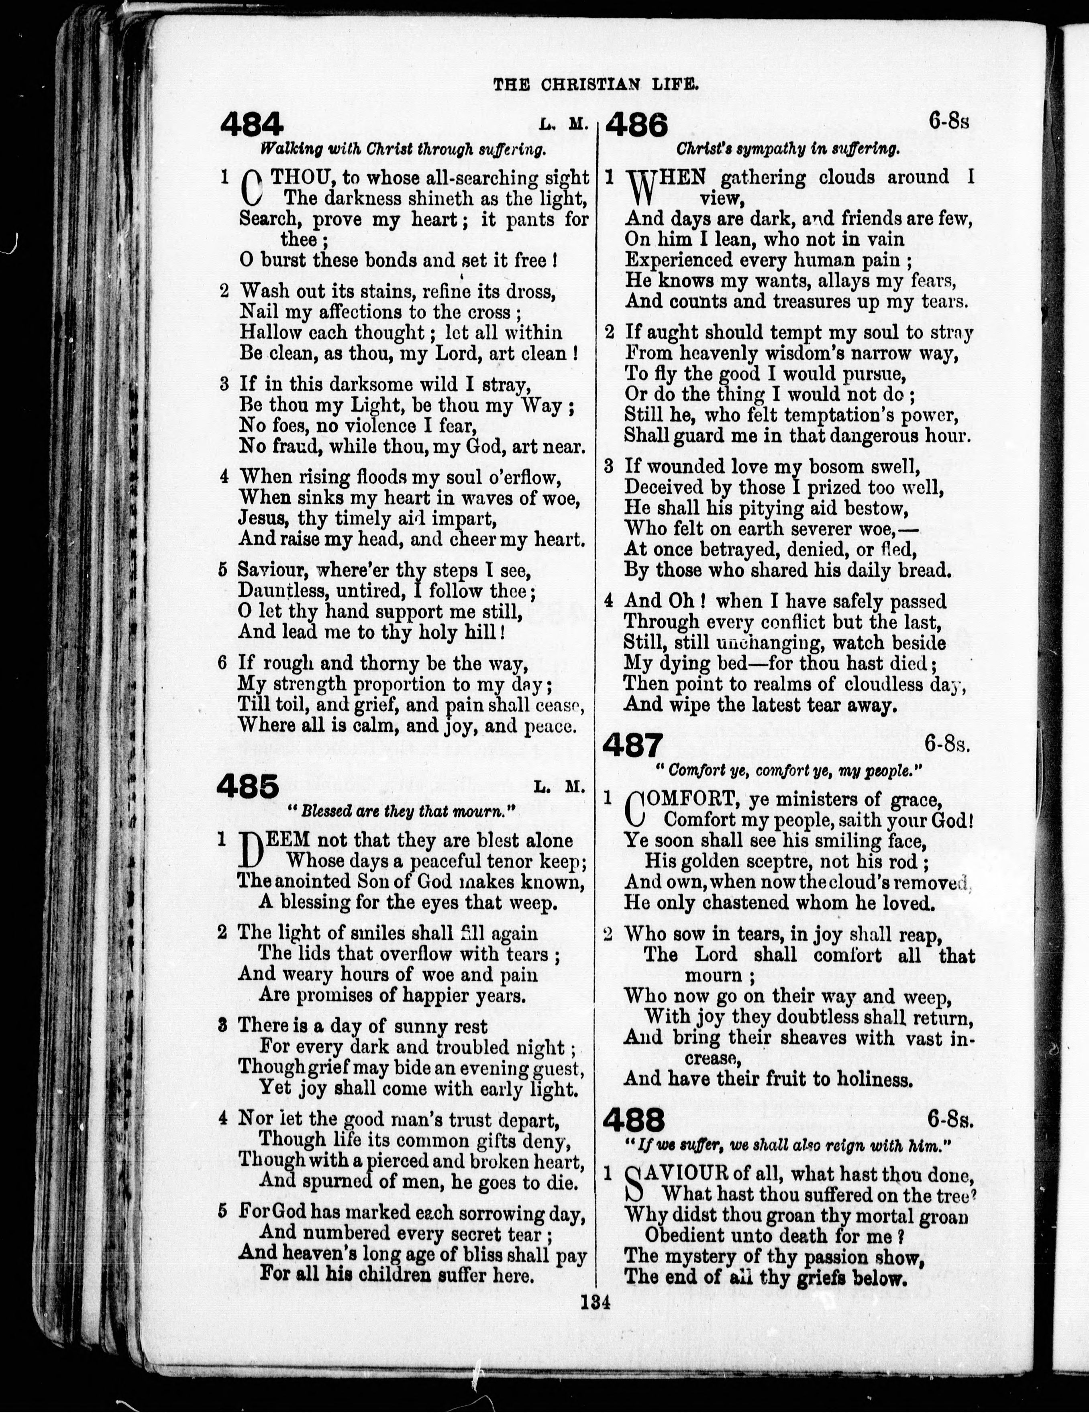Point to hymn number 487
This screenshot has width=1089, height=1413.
click(x=633, y=746)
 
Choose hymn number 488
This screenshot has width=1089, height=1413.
click(x=634, y=1119)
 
